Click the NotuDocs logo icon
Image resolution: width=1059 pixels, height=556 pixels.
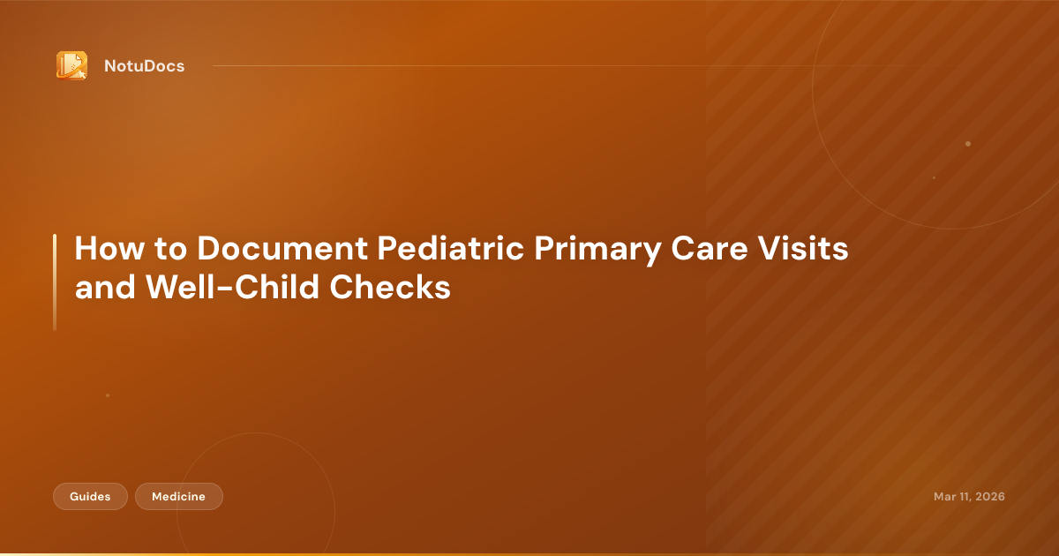click(x=71, y=65)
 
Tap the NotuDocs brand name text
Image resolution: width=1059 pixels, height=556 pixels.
click(x=144, y=66)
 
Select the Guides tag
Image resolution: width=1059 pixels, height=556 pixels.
click(x=90, y=497)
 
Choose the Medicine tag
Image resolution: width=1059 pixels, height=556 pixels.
click(x=178, y=497)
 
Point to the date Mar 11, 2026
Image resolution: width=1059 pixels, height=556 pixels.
click(x=969, y=497)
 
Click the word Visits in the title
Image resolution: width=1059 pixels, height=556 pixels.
click(x=808, y=249)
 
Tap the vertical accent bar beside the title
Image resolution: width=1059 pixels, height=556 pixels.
click(x=55, y=282)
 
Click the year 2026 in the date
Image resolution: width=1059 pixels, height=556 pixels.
click(x=988, y=497)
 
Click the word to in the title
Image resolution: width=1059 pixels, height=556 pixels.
click(x=167, y=249)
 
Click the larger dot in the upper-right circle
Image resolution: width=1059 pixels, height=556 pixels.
click(x=968, y=144)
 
